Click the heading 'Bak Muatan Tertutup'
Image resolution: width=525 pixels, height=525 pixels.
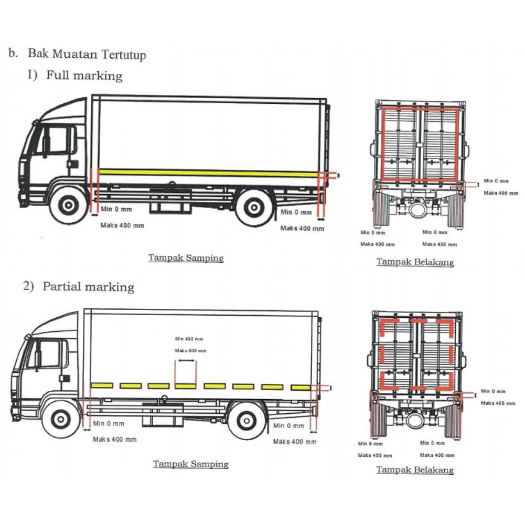coord(87,54)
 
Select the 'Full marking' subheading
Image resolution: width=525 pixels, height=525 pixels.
coord(84,75)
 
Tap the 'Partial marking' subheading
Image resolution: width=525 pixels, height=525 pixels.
coord(88,287)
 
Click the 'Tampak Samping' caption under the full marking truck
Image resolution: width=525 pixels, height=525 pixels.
coord(186,258)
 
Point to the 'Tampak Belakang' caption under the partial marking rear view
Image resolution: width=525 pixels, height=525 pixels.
coord(414,469)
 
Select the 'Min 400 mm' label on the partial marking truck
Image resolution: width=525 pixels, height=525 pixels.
coord(189,339)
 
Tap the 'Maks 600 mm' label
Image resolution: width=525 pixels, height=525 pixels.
coord(190,350)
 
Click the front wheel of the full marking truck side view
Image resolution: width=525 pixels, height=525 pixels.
coord(68,206)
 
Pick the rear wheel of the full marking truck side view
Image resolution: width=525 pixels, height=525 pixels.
coord(254,206)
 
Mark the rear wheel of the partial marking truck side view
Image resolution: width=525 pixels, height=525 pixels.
coord(247,419)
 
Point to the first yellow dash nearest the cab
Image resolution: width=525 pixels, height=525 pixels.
coord(101,385)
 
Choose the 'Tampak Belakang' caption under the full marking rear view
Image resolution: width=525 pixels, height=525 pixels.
coord(414,262)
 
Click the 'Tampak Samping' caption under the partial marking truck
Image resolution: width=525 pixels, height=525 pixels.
coord(190,464)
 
